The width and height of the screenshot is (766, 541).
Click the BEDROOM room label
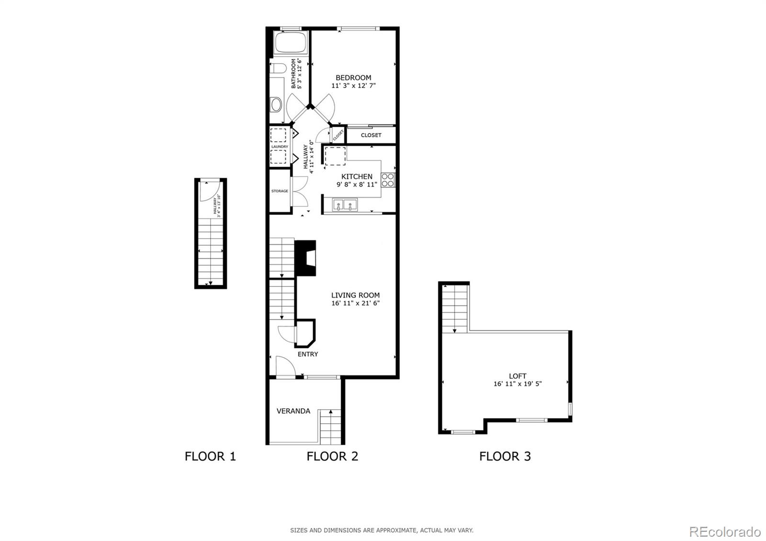pos(353,78)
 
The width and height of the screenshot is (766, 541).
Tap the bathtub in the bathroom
pos(290,43)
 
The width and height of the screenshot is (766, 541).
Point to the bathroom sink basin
pos(276,104)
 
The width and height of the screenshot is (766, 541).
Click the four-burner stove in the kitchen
pos(388,180)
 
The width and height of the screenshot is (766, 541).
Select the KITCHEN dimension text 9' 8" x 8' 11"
pos(357,184)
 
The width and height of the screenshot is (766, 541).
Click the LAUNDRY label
pos(280,147)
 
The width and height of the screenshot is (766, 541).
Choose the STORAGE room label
pos(280,191)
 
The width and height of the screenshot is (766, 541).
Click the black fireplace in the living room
pos(305,258)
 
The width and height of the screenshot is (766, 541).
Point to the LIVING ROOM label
pos(355,295)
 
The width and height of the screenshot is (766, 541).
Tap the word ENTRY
pos(308,354)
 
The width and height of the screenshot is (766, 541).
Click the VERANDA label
pos(293,411)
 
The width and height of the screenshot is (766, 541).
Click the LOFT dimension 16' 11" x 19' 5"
pos(518,383)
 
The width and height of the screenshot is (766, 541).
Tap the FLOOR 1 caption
pos(210,456)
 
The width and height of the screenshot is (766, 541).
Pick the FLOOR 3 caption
pos(505,456)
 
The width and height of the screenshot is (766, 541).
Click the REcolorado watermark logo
pos(724,531)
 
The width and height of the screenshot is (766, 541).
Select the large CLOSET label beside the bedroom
pos(371,135)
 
